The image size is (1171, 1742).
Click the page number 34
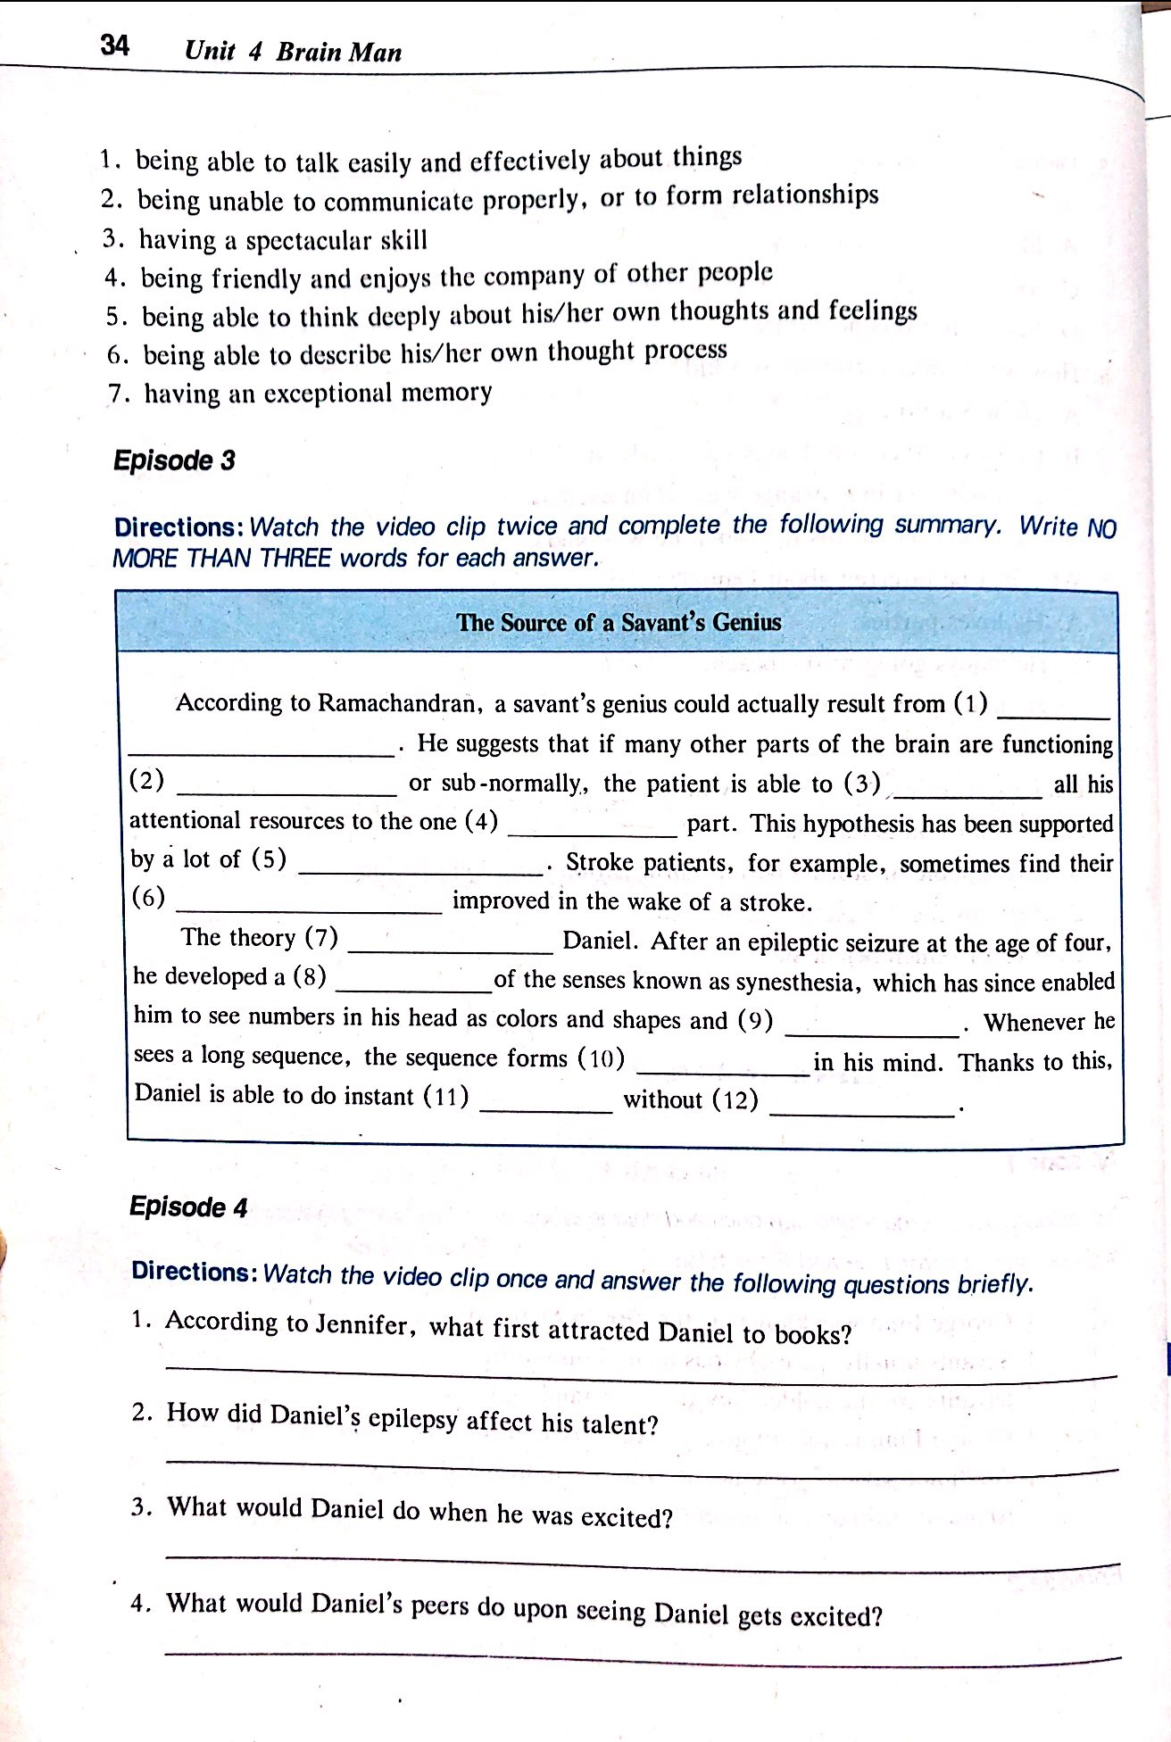[115, 45]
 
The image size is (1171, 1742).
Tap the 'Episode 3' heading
[174, 460]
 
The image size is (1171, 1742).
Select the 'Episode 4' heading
[188, 1207]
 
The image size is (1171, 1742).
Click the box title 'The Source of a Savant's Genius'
[619, 622]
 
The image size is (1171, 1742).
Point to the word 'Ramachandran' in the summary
[400, 703]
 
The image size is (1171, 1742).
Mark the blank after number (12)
[861, 1112]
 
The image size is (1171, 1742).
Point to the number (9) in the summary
[755, 1020]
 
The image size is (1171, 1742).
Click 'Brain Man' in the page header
[339, 52]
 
